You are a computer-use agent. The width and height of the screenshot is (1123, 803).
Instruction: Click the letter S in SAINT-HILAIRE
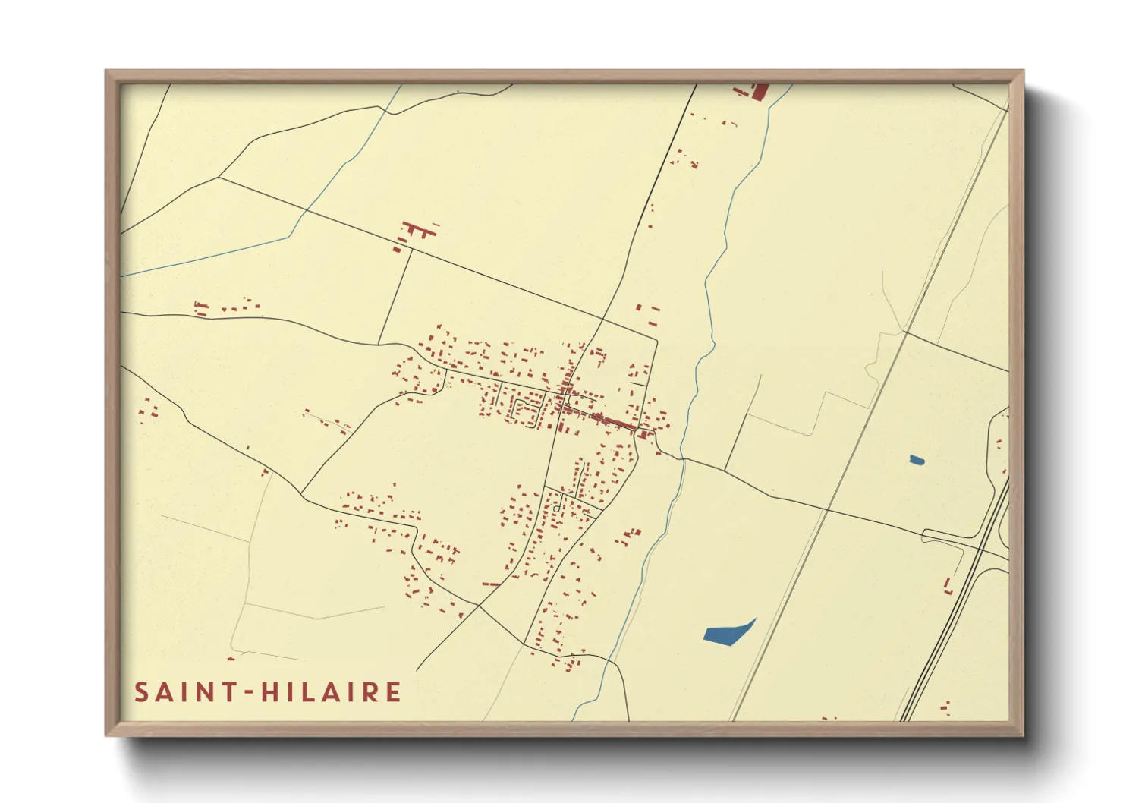[142, 692]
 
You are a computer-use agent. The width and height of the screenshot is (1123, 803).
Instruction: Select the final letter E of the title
[392, 692]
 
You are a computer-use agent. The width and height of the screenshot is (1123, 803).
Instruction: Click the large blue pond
[727, 633]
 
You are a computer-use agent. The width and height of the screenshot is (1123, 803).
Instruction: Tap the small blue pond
[917, 459]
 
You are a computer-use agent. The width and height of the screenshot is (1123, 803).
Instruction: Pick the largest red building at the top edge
[760, 92]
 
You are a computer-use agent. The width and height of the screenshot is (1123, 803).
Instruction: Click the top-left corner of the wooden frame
[107, 71]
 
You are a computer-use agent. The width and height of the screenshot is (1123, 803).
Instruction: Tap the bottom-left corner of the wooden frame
[107, 734]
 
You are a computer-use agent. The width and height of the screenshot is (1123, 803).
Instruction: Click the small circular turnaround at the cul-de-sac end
[556, 508]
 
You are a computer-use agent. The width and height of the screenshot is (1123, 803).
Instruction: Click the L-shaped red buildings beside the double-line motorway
[948, 586]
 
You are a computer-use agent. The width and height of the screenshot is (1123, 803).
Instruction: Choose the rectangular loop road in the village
[526, 411]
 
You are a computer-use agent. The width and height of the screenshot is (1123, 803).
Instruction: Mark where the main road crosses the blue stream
[683, 459]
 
